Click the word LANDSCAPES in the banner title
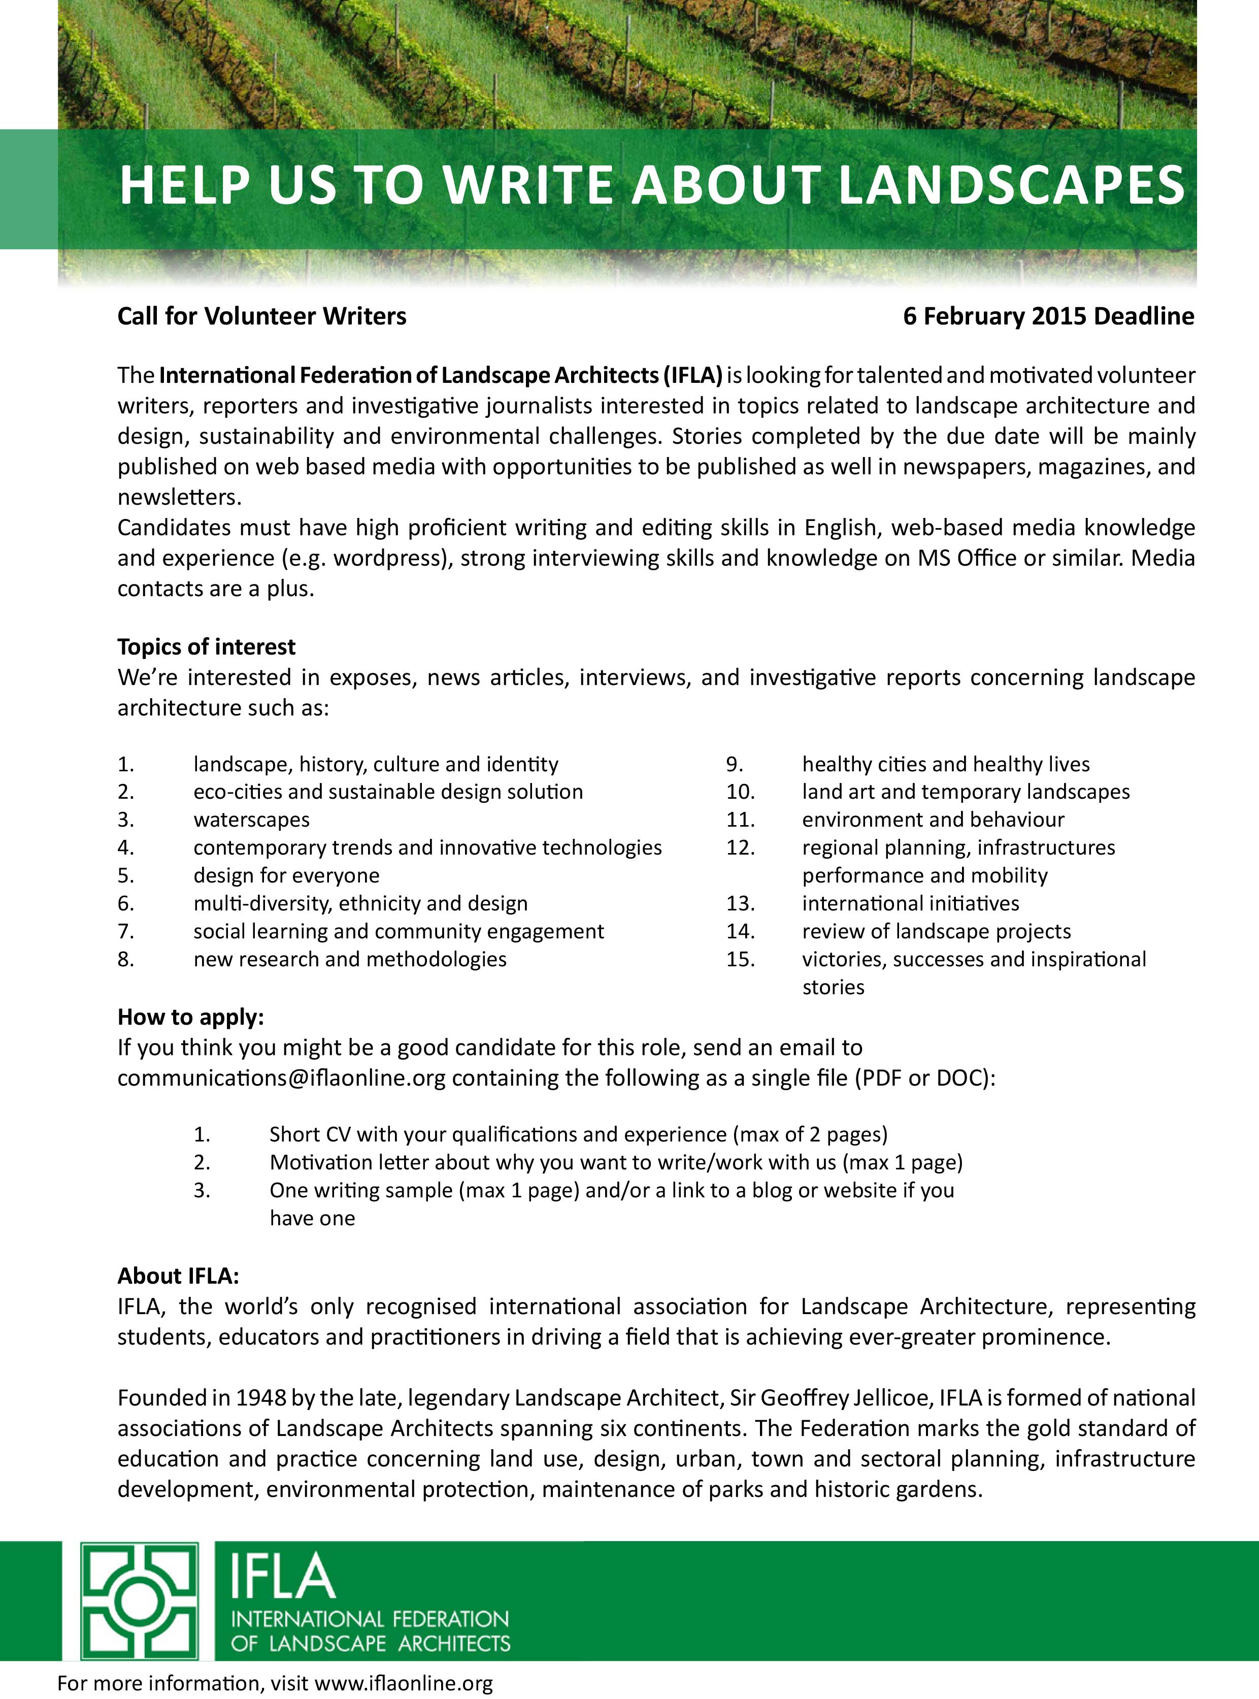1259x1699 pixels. (x=1011, y=185)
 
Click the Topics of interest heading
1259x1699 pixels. (x=207, y=647)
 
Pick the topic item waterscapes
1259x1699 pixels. (x=251, y=820)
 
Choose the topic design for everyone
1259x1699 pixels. (x=286, y=876)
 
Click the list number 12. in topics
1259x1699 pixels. (x=740, y=847)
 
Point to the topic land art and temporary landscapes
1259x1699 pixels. (x=966, y=792)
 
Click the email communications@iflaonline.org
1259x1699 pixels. (x=281, y=1079)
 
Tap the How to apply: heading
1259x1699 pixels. (x=190, y=1018)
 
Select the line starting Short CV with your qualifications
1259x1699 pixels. (x=578, y=1135)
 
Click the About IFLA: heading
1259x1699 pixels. (x=178, y=1277)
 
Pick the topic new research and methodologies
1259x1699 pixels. (x=350, y=960)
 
